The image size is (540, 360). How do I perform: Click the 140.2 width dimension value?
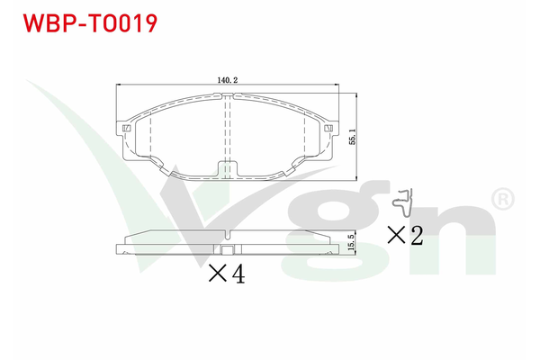[227, 79]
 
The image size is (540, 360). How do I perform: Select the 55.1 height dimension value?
[354, 135]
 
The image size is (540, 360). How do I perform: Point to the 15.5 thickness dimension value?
[354, 241]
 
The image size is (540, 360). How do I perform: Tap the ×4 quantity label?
[226, 274]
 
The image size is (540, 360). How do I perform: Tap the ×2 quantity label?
[405, 235]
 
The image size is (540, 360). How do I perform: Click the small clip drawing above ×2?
[408, 202]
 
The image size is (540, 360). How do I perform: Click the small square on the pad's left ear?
[126, 129]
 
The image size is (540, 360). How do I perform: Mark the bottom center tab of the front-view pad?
[227, 170]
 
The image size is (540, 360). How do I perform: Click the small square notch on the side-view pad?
[227, 252]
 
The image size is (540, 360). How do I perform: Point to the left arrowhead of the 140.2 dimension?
[121, 86]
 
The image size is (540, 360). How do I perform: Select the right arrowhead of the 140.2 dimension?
[334, 86]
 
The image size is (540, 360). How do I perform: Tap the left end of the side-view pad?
[120, 249]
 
